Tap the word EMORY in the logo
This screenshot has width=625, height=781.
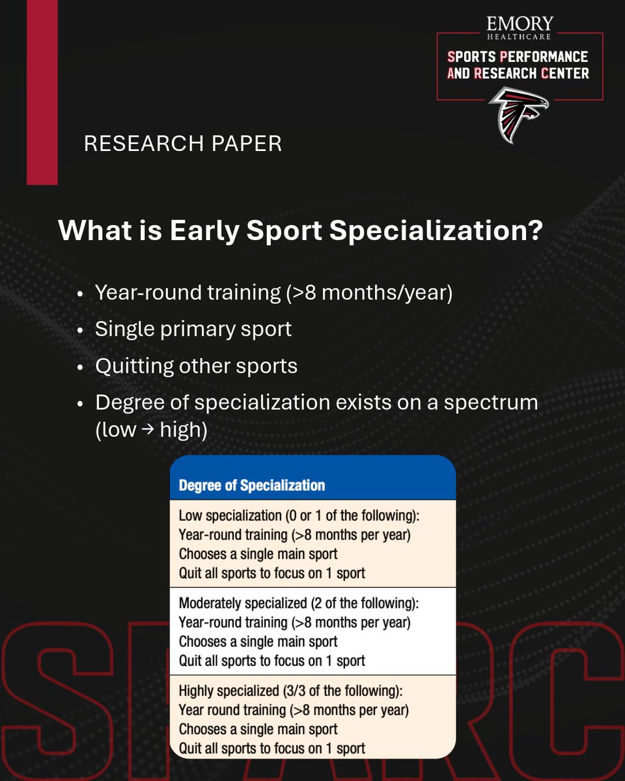[x=520, y=25]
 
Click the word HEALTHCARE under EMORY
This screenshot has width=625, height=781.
[x=520, y=38]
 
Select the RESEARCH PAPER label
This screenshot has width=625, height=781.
[x=183, y=144]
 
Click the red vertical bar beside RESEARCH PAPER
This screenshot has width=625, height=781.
[x=42, y=91]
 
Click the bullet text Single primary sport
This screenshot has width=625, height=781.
[x=193, y=329]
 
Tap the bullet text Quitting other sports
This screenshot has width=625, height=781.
[x=196, y=366]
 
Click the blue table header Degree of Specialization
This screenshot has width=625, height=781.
[x=251, y=486]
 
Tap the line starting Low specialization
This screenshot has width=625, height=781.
[x=299, y=516]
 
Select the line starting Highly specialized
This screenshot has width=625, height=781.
[x=291, y=691]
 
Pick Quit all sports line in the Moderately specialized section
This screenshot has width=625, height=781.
[x=271, y=661]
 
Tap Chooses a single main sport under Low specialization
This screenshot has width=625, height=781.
[x=258, y=554]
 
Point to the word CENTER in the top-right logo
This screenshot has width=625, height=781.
[x=564, y=74]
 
